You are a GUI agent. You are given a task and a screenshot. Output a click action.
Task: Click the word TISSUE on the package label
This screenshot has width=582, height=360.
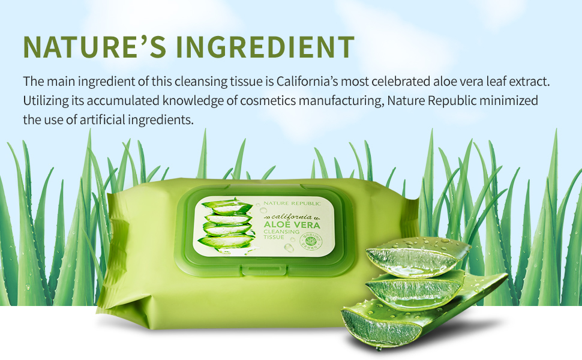(x=273, y=244)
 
